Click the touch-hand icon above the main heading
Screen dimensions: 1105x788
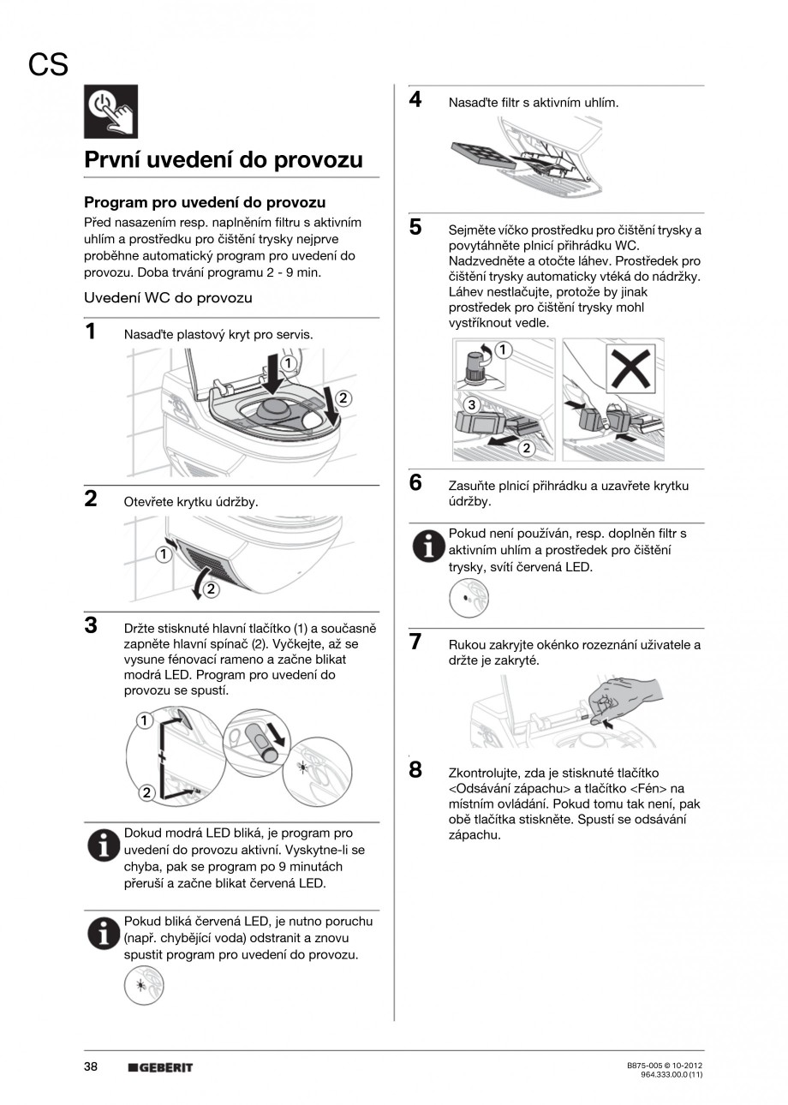click(110, 112)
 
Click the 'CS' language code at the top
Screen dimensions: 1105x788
click(48, 65)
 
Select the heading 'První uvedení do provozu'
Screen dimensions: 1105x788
click(223, 160)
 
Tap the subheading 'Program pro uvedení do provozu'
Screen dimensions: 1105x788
click(205, 203)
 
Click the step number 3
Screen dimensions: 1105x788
click(90, 624)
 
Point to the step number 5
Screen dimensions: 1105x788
click(415, 227)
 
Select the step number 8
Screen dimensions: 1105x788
click(415, 769)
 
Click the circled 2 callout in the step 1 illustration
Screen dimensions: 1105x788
click(343, 397)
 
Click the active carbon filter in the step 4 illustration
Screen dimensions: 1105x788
click(482, 154)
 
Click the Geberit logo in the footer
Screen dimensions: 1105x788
click(160, 1067)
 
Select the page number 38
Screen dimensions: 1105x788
click(91, 1066)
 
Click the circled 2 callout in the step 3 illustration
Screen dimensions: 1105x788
click(146, 792)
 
